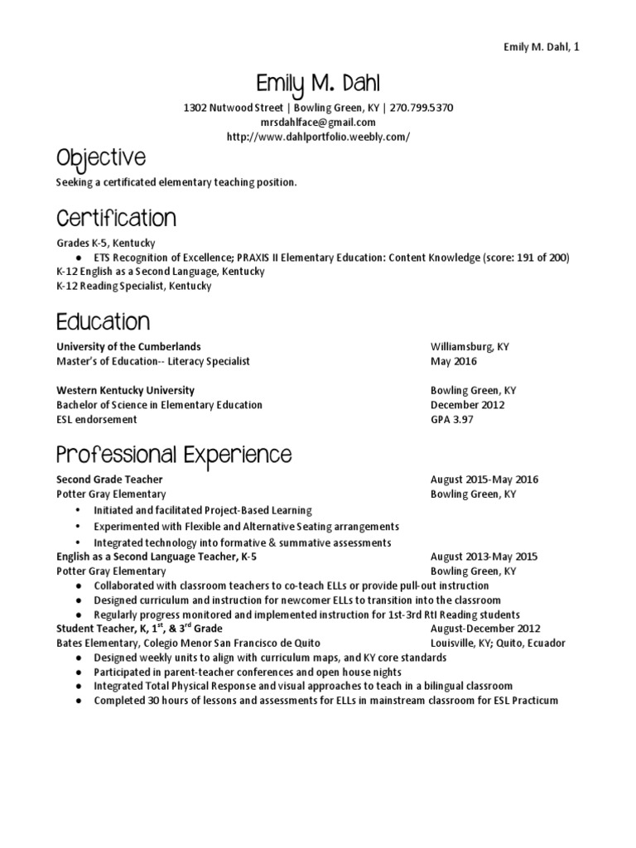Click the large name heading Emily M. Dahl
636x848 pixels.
(x=318, y=84)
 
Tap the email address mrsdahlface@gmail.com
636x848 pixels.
(x=318, y=122)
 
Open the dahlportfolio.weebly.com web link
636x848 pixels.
(x=318, y=136)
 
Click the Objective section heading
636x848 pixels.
(x=100, y=158)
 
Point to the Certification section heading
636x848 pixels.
(x=116, y=219)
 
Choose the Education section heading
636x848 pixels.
(x=103, y=321)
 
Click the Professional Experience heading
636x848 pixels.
(x=174, y=455)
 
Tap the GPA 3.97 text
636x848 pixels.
(x=451, y=420)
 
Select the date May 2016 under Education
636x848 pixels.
(x=454, y=361)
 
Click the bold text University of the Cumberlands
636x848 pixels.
(x=128, y=346)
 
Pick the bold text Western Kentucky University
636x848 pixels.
(x=125, y=390)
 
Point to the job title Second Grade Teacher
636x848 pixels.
(x=109, y=479)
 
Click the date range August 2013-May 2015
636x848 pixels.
(x=484, y=556)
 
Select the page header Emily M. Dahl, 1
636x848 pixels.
(x=542, y=47)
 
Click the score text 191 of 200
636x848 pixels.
(x=542, y=258)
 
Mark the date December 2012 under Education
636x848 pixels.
(x=467, y=405)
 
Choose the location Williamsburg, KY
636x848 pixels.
(x=470, y=346)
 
